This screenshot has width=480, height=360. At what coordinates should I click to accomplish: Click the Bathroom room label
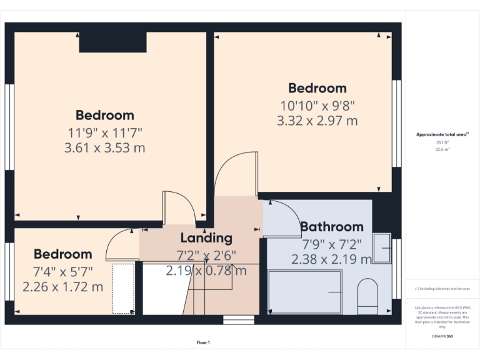[x=331, y=227]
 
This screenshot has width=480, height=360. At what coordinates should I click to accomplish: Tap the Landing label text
[x=206, y=238]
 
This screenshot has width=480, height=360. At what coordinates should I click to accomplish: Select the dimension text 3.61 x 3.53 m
[x=105, y=148]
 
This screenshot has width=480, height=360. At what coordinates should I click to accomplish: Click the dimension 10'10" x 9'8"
[x=317, y=105]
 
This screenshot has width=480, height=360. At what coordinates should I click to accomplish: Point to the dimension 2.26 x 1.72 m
[x=62, y=287]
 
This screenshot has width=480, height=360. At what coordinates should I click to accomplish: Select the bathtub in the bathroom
[x=304, y=292]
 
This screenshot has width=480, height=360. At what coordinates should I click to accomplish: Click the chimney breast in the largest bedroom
[x=112, y=42]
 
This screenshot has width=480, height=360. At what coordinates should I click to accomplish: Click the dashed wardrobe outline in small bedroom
[x=123, y=288]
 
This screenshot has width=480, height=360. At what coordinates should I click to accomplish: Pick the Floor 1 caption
[x=203, y=342]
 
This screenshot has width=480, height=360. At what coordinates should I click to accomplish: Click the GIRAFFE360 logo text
[x=442, y=336]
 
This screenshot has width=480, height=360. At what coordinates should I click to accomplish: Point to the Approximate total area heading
[x=442, y=134]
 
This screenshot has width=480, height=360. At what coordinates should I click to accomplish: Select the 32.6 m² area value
[x=442, y=150]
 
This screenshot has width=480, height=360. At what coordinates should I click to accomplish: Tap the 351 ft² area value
[x=442, y=142]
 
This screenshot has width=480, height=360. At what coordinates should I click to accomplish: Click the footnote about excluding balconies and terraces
[x=442, y=289]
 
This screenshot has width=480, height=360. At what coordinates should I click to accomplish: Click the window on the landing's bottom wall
[x=239, y=320]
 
